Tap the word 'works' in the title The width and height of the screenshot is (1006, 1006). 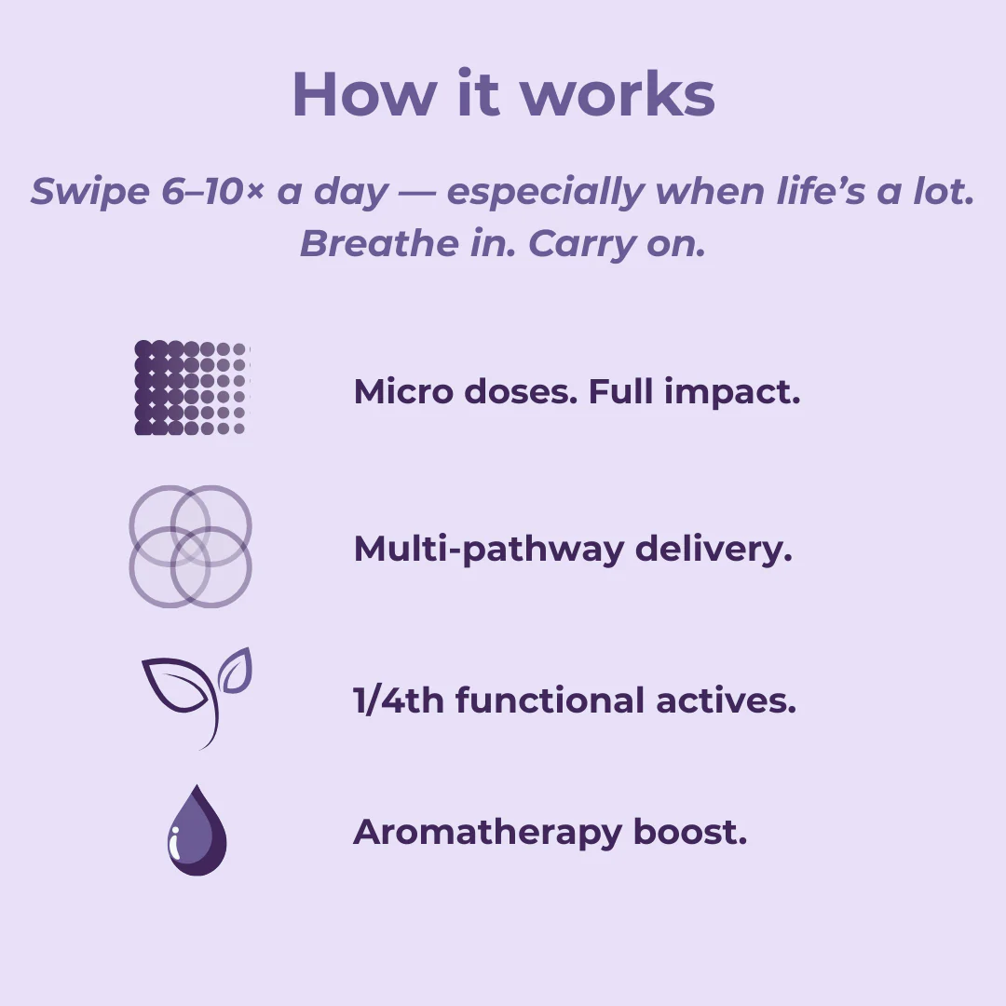coord(618,94)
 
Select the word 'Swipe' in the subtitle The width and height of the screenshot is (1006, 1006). coord(89,192)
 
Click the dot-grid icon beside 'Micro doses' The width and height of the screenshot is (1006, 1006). coord(191,387)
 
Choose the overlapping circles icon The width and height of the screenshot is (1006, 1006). coord(191,546)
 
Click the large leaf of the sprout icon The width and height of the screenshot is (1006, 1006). coord(177,686)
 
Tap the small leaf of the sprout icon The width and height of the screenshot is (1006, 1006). coord(237,671)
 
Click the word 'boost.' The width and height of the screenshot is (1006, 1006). coord(690,831)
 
